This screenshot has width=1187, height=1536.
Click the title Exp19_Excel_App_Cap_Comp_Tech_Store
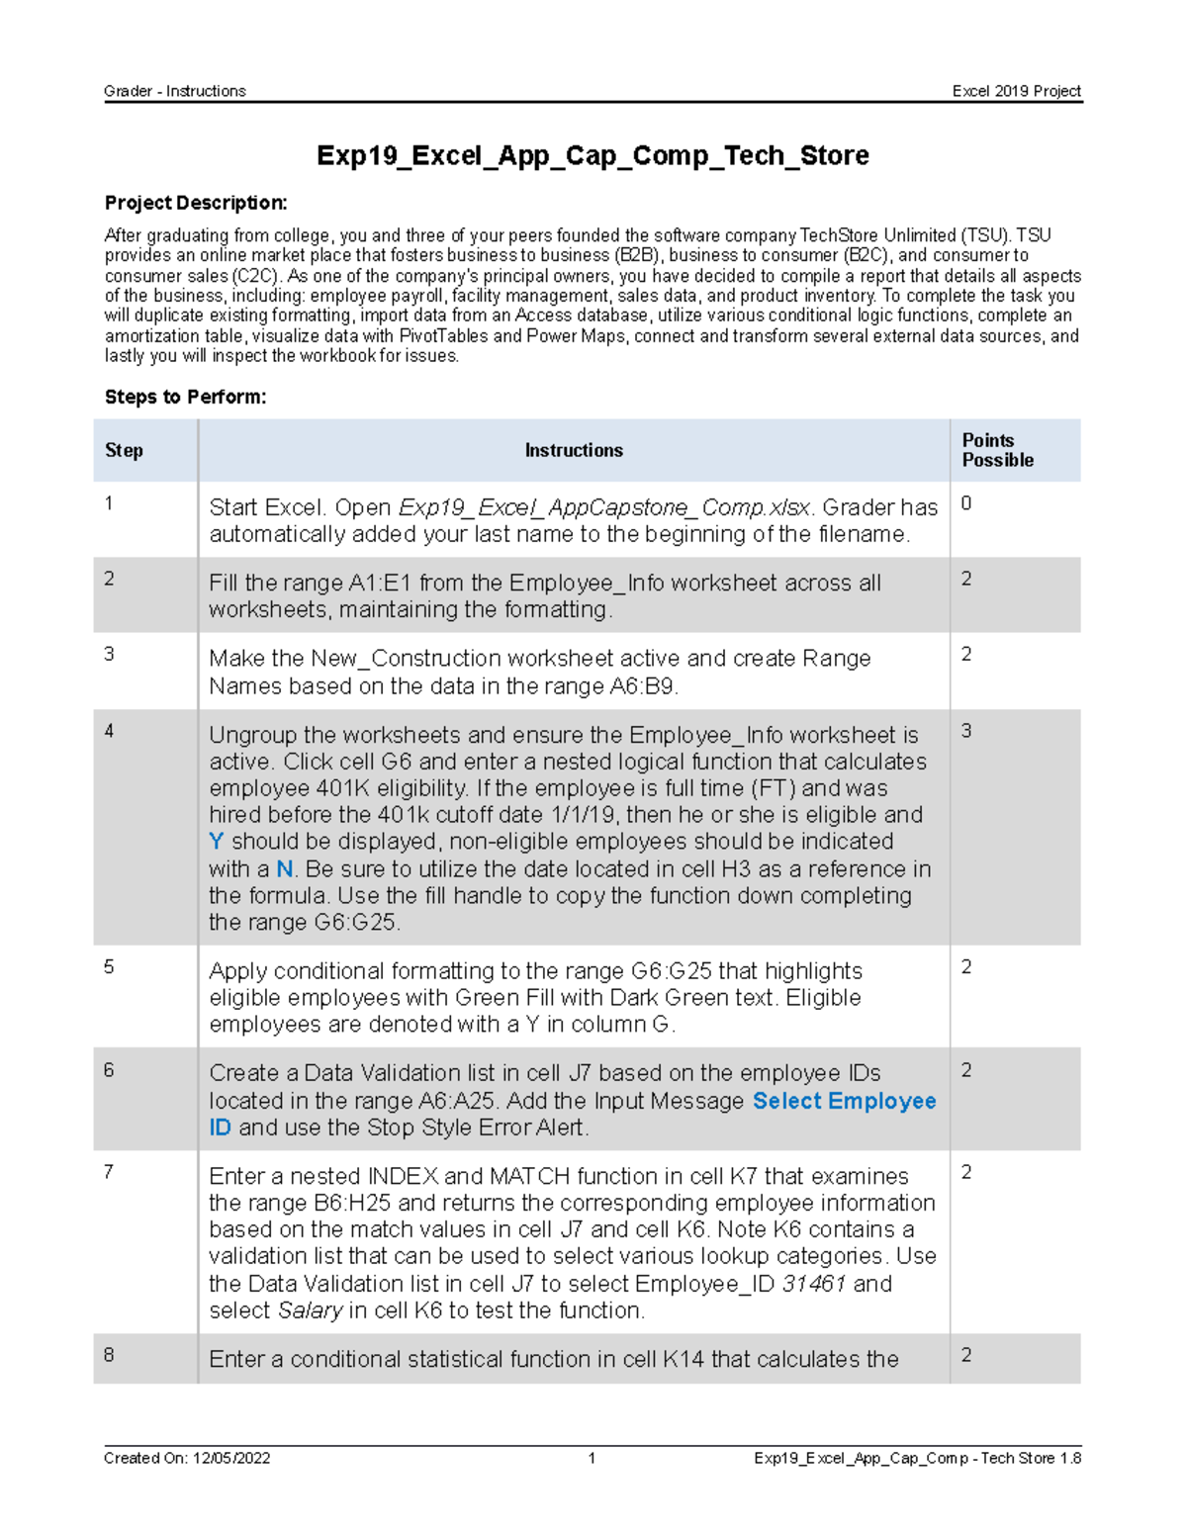[592, 155]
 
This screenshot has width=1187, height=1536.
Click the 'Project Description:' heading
[196, 203]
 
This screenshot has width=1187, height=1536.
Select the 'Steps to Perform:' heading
[185, 397]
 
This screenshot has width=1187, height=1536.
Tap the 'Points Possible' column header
[997, 450]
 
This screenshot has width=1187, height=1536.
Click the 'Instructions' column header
[574, 450]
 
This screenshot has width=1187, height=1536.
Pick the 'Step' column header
[124, 450]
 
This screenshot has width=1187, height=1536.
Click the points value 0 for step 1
[966, 503]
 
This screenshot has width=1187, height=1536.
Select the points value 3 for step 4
[966, 731]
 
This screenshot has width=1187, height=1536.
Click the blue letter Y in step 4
[216, 842]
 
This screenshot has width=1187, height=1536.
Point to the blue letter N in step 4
[284, 868]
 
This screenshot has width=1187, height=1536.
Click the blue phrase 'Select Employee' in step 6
[844, 1101]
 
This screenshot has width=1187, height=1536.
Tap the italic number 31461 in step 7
[813, 1284]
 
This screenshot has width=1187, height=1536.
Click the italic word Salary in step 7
[310, 1310]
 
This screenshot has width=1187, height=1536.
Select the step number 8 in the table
[109, 1354]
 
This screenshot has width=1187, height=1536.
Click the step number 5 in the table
[109, 966]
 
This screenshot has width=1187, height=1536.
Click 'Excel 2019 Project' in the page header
[1016, 91]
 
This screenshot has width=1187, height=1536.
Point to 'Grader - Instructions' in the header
[175, 91]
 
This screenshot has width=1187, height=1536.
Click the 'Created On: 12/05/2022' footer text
[187, 1458]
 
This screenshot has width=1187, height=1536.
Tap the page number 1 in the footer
[592, 1458]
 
